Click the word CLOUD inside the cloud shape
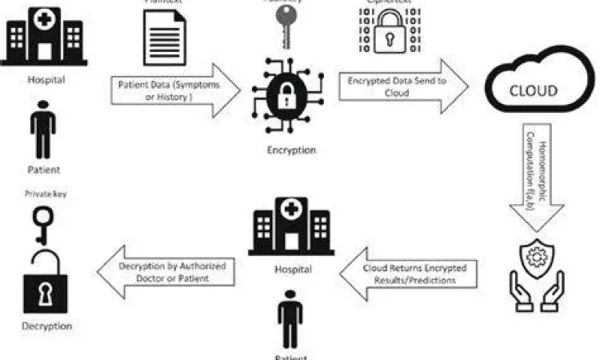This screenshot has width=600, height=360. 533,90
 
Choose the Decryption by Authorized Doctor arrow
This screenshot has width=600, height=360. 168,271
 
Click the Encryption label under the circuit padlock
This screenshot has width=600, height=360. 290,150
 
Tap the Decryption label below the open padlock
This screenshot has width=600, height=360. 46,326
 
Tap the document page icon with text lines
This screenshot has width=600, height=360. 164,34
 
